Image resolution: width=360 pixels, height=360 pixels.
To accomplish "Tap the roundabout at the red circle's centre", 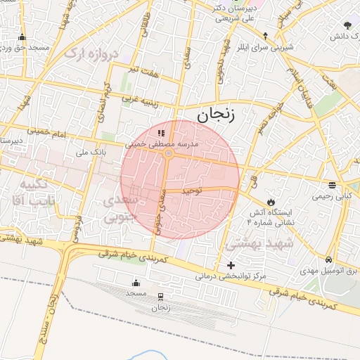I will coord(169,153).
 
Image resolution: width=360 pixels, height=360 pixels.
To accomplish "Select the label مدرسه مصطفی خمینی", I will coord(162,143).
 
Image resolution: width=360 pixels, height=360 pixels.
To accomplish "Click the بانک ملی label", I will coord(90,151).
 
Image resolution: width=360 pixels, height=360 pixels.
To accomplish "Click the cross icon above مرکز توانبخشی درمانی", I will coord(231,265).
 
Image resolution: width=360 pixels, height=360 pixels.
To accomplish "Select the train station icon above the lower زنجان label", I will coord(162,297).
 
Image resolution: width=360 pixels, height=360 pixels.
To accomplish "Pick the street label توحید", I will coord(191,191).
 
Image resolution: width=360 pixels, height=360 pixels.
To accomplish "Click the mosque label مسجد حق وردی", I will coord(22,47).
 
